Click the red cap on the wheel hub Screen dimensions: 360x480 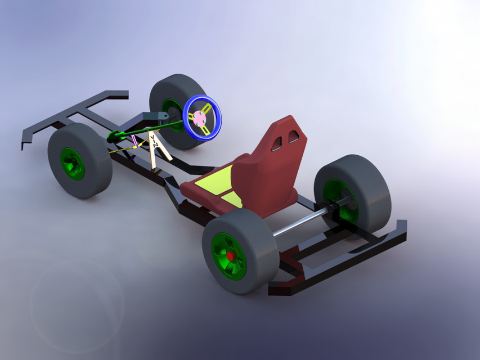231,256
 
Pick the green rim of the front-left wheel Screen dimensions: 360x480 73,164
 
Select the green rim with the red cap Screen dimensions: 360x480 227,256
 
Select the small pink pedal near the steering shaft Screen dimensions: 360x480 133,141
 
